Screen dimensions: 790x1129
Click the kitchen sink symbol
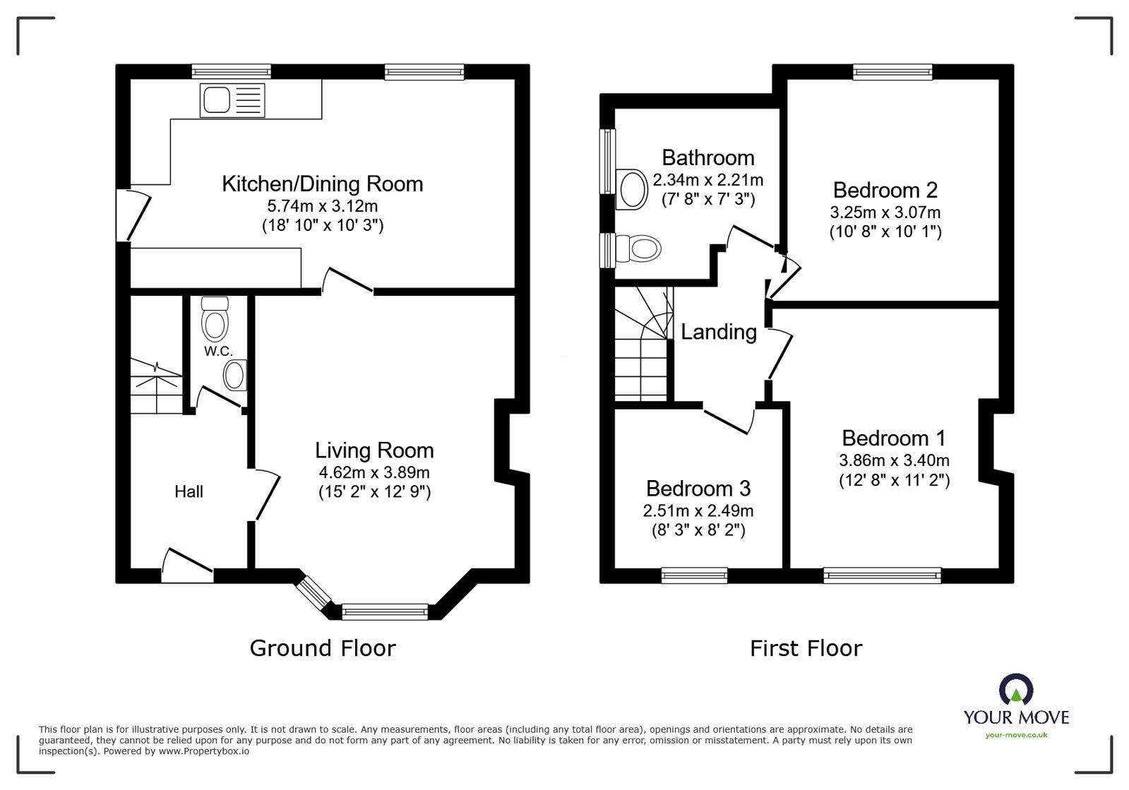tap(232, 100)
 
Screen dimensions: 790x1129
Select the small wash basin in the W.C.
tap(235, 376)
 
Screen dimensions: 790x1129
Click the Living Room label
tap(374, 450)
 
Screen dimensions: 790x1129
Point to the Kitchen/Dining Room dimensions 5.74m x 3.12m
tap(322, 206)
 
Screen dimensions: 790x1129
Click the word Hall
tap(189, 491)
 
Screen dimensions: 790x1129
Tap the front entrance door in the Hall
tap(187, 565)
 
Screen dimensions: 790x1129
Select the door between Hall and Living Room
tap(265, 495)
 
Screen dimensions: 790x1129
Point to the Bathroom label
tap(707, 157)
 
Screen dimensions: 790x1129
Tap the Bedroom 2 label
tap(885, 190)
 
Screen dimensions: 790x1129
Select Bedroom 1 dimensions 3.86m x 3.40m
tap(894, 461)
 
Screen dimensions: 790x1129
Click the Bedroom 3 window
tap(694, 575)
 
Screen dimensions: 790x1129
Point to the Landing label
tap(718, 332)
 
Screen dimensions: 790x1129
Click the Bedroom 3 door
tap(729, 420)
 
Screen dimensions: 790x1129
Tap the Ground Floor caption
tap(323, 648)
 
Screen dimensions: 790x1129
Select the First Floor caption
tap(806, 648)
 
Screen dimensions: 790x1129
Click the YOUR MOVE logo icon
tap(1016, 690)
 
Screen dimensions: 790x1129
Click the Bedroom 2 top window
tap(892, 71)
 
